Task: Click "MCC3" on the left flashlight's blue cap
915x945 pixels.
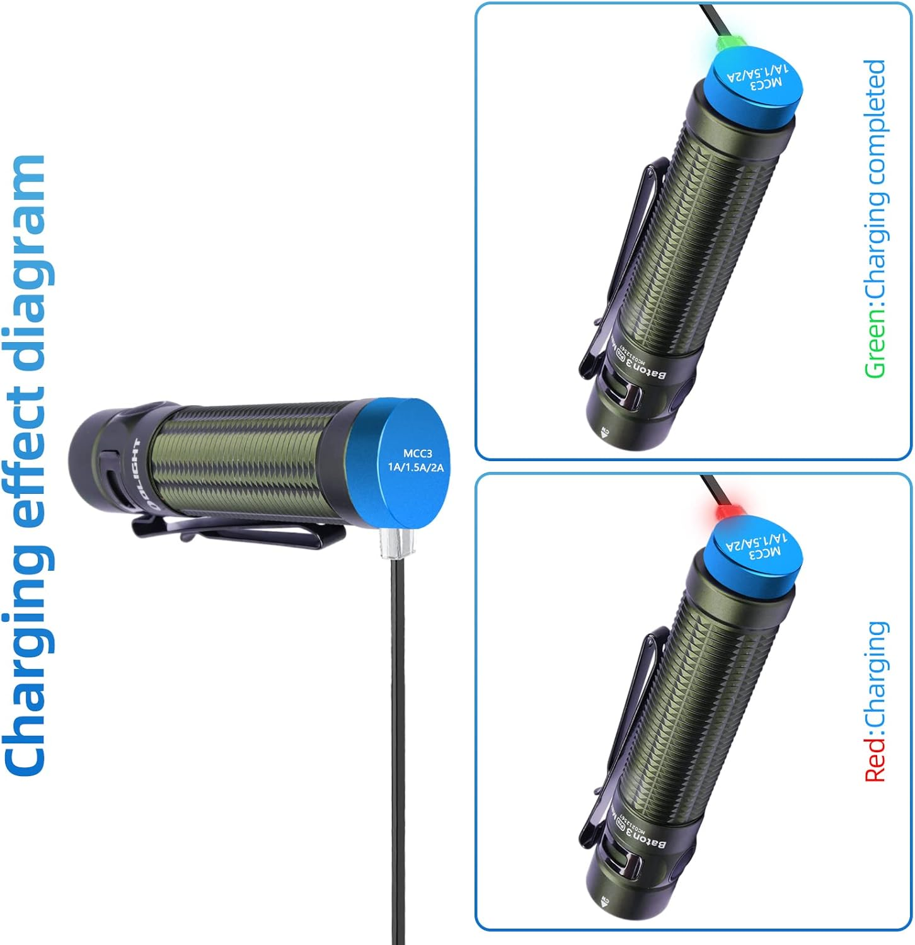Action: tap(417, 453)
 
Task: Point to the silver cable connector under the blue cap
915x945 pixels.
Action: tap(394, 542)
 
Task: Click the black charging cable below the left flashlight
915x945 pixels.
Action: tap(398, 724)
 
